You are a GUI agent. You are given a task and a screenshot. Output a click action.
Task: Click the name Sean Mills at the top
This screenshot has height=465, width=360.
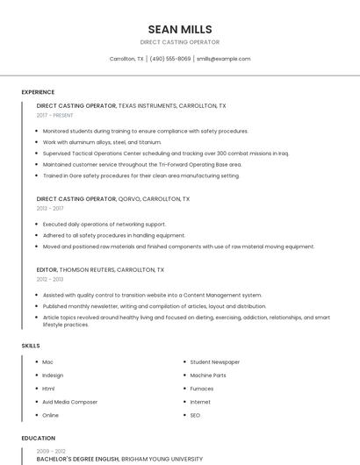(x=180, y=29)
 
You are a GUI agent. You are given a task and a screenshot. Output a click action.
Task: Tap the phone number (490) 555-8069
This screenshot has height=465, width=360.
(x=170, y=59)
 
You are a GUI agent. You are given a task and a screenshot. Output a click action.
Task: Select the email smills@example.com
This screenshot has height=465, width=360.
(x=223, y=59)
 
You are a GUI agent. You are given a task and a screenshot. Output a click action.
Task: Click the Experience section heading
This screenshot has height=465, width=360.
(x=38, y=92)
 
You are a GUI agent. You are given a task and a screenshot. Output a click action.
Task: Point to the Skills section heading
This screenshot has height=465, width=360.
(x=31, y=346)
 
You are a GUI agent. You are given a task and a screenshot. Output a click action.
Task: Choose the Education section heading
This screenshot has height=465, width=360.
(x=39, y=438)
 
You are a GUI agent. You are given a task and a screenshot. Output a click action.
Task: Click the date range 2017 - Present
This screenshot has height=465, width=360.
(x=55, y=115)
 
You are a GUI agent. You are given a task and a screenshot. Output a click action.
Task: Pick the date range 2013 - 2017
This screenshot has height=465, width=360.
(x=50, y=209)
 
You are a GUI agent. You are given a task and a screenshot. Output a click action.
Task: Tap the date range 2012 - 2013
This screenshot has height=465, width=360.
(x=50, y=279)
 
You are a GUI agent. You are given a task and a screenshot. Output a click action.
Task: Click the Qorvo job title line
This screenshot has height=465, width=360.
(x=112, y=199)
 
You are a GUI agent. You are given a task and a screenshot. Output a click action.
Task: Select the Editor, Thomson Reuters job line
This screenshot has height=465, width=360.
(x=100, y=269)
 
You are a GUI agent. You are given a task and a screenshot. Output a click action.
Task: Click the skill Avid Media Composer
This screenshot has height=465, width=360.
(x=69, y=402)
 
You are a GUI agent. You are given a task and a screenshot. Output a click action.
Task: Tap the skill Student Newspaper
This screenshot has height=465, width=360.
(x=214, y=361)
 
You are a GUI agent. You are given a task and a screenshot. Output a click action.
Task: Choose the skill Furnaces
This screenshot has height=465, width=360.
(x=201, y=389)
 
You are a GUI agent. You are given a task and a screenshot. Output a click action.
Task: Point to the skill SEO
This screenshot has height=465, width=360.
(x=195, y=415)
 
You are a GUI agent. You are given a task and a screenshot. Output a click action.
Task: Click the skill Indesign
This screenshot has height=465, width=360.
(x=53, y=375)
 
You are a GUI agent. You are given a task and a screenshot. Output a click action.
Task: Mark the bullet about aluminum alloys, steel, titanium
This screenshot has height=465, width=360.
(x=102, y=142)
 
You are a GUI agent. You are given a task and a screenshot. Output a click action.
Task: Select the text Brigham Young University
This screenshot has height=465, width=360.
(x=161, y=459)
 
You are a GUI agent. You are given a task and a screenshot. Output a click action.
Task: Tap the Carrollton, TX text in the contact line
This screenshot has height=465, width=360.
(x=126, y=59)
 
